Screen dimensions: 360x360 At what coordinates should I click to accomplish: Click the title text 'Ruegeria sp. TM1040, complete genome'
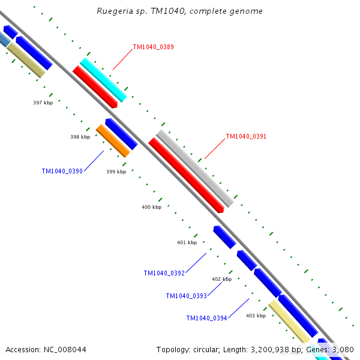pos(179,11)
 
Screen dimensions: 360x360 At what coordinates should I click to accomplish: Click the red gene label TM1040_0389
pos(153,47)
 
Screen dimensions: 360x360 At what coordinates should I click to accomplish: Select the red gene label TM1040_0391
pos(246,136)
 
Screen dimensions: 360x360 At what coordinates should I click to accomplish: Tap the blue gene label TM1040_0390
pos(62,171)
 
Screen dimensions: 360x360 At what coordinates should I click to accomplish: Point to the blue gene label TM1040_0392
pos(164,273)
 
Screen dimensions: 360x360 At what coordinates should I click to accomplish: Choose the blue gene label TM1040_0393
pos(186,296)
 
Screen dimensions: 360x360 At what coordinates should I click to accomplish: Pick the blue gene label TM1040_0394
pos(206,318)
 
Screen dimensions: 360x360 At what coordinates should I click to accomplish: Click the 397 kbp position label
pos(43,103)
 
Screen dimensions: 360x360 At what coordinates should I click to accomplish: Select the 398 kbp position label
pos(80,137)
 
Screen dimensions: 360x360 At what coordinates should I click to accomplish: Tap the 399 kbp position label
pos(116,172)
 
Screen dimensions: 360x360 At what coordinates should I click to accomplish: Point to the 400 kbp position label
pos(151,207)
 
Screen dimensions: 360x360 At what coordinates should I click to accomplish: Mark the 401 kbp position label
pos(187,242)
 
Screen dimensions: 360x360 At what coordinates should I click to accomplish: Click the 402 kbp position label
pos(221,279)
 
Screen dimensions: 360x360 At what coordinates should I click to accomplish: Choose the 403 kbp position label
pos(256,315)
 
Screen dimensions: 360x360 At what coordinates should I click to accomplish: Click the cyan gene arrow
pos(103,80)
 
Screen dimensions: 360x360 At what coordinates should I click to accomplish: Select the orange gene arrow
pos(113,141)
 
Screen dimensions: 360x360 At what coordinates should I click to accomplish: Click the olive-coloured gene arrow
pos(26,59)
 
